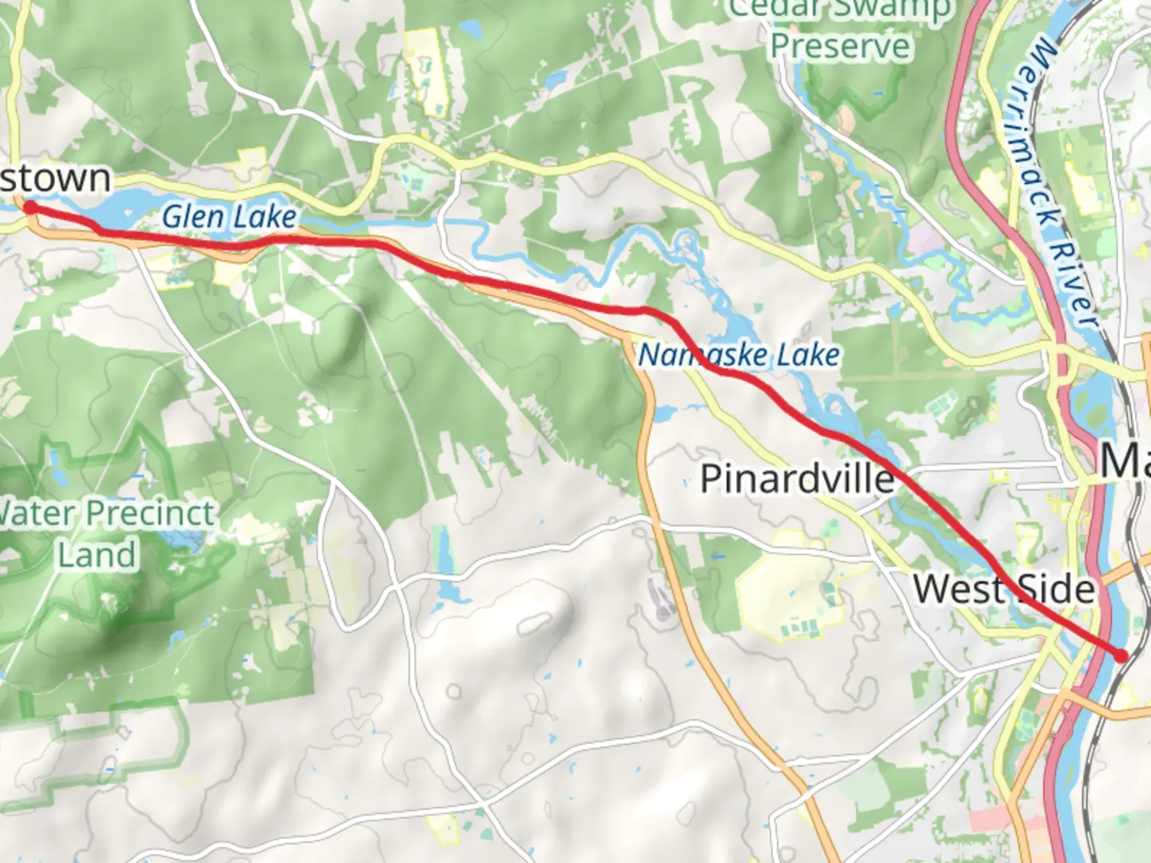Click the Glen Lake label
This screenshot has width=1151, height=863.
pyautogui.click(x=229, y=217)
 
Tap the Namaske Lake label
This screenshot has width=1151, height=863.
pyautogui.click(x=739, y=355)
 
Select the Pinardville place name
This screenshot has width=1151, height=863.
pyautogui.click(x=797, y=479)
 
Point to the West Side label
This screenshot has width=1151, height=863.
pyautogui.click(x=1004, y=590)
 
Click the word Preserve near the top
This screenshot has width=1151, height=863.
pyautogui.click(x=840, y=46)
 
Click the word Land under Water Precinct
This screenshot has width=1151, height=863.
pyautogui.click(x=97, y=555)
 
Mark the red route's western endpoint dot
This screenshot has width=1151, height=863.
pyautogui.click(x=30, y=208)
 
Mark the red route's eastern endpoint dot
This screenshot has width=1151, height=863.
pyautogui.click(x=1121, y=655)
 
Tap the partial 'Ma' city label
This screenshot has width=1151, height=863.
pyautogui.click(x=1125, y=461)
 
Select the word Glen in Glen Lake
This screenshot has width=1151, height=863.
pyautogui.click(x=193, y=217)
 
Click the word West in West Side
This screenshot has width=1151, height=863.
pyautogui.click(x=958, y=590)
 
